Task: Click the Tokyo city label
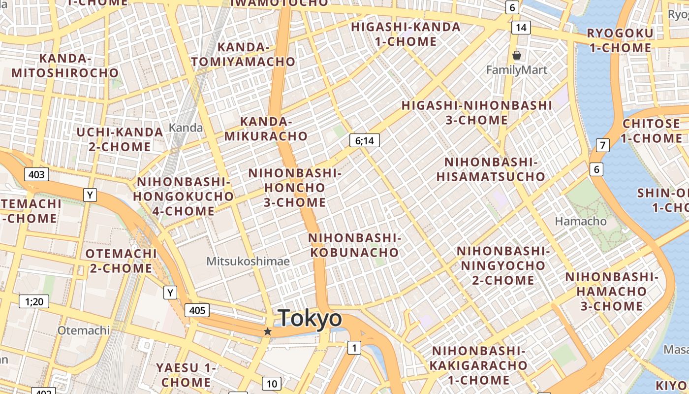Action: [310, 318]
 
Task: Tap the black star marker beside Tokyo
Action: [268, 331]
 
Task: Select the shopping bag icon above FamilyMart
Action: [517, 55]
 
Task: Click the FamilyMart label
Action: [517, 70]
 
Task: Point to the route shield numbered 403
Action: [36, 174]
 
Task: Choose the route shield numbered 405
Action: [197, 310]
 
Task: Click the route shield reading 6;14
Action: [364, 141]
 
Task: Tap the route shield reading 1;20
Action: [34, 301]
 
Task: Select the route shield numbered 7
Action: [602, 145]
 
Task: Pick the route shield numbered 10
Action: [272, 384]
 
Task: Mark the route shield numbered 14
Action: [521, 28]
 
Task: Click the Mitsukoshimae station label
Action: [248, 261]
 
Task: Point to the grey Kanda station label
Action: [186, 128]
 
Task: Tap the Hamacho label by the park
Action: [581, 221]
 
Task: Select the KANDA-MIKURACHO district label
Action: [266, 129]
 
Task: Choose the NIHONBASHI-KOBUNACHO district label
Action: [355, 245]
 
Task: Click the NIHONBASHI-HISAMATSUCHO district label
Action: [491, 169]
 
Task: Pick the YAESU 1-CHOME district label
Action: [186, 375]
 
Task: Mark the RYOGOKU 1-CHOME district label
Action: [620, 40]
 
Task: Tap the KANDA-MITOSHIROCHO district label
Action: [65, 66]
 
